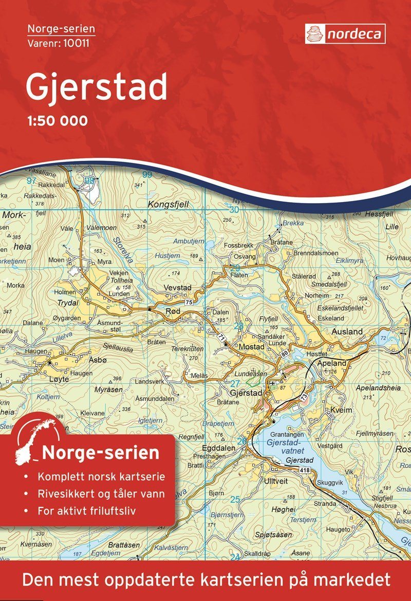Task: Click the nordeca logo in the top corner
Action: coord(345,34)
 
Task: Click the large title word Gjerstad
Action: coord(96,87)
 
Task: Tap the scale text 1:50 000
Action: coord(57,121)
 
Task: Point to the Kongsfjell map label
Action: coord(168,205)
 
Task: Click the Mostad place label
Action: coord(252,348)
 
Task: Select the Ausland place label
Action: coord(347,332)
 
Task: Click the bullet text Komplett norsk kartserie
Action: coord(101,477)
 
